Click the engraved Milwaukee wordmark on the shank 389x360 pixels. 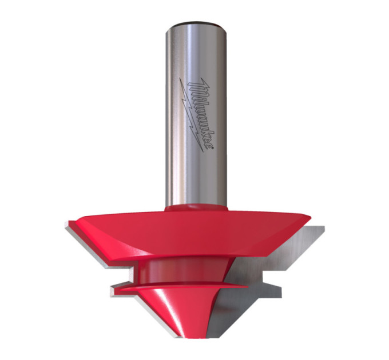point(201,114)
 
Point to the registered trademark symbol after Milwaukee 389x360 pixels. point(212,147)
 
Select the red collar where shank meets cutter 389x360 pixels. point(196,207)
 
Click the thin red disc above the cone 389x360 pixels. point(184,287)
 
